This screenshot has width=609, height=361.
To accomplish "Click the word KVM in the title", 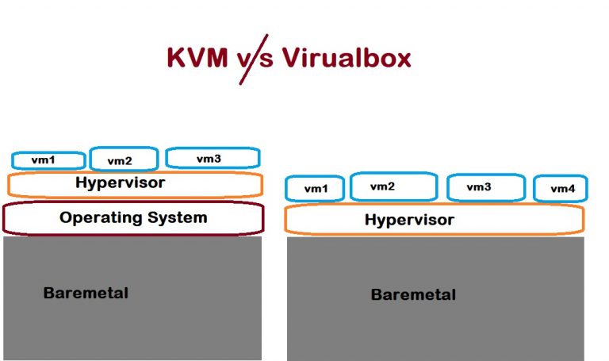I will (x=198, y=58).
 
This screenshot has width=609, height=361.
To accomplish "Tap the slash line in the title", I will (x=255, y=60).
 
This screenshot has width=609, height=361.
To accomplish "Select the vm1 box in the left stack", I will (x=48, y=160).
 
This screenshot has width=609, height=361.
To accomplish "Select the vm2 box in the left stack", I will (x=124, y=159).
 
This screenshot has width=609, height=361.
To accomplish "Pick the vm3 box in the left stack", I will (x=212, y=159).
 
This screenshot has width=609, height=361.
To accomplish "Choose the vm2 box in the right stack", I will (x=393, y=186).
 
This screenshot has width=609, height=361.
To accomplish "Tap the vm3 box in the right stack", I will (x=485, y=187).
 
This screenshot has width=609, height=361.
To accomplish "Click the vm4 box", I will (x=560, y=189).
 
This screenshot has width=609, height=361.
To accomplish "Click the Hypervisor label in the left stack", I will (x=121, y=183).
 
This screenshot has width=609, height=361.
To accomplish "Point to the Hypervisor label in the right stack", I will (x=409, y=220).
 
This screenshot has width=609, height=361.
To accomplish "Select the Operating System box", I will (x=133, y=218).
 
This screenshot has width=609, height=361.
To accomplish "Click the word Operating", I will (x=99, y=217).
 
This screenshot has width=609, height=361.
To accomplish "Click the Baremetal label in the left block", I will (x=86, y=293).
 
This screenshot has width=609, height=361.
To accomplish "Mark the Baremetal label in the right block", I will (x=413, y=295).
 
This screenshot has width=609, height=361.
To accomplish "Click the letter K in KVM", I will (x=175, y=58).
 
